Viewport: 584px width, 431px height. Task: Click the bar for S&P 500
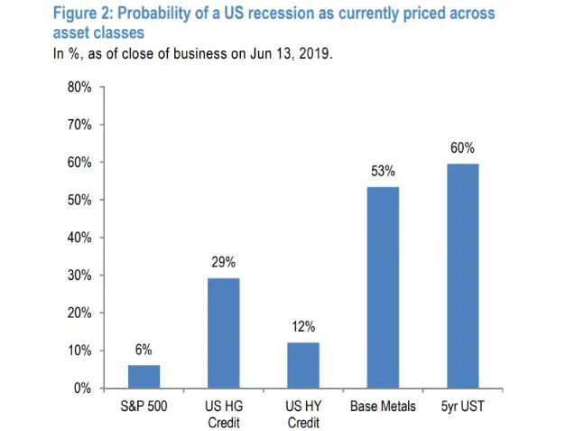pyautogui.click(x=144, y=376)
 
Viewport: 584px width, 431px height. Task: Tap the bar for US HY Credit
pyautogui.click(x=303, y=365)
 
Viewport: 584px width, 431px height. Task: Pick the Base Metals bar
pyautogui.click(x=383, y=287)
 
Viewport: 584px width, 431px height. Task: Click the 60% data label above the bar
pyautogui.click(x=462, y=148)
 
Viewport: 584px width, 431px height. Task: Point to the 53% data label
pyautogui.click(x=383, y=171)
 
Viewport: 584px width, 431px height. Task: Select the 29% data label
pyautogui.click(x=224, y=262)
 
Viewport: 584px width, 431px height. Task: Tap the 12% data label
pyautogui.click(x=303, y=327)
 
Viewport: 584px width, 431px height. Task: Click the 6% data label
pyautogui.click(x=144, y=350)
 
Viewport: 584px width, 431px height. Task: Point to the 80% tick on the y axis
pyautogui.click(x=79, y=88)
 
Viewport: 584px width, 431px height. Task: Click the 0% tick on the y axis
pyautogui.click(x=82, y=388)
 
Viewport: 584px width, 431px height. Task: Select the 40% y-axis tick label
pyautogui.click(x=79, y=238)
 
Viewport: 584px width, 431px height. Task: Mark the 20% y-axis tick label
pyautogui.click(x=79, y=313)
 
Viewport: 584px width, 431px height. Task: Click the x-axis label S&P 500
pyautogui.click(x=144, y=407)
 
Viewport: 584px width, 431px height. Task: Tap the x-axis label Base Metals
pyautogui.click(x=383, y=407)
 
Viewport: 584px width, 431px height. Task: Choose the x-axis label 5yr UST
pyautogui.click(x=462, y=407)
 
